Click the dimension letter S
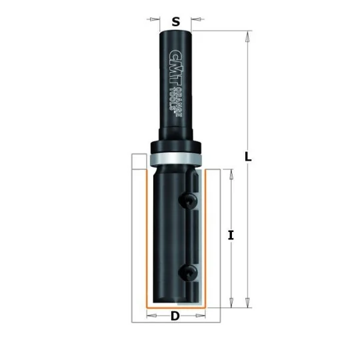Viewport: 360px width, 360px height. click(175, 22)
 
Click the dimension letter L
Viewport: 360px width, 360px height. click(248, 157)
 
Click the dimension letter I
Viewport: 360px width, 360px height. click(231, 235)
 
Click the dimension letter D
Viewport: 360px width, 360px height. click(175, 316)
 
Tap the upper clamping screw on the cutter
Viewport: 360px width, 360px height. click(188, 201)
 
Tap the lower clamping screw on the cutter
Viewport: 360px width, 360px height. click(188, 273)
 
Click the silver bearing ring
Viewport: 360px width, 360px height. click(175, 159)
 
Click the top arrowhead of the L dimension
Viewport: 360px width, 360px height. click(247, 37)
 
